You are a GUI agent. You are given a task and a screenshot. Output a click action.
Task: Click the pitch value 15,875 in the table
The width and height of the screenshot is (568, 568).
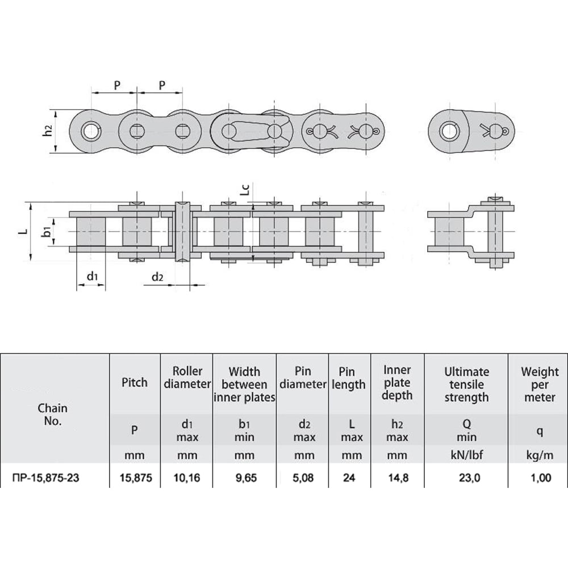(x=136, y=478)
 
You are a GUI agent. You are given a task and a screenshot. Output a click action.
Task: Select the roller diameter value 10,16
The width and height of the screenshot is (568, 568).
(x=187, y=478)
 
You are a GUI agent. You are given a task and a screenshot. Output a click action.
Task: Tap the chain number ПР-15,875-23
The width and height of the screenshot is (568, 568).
(x=45, y=478)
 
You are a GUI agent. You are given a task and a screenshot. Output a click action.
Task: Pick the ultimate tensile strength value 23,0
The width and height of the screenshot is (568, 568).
(x=470, y=478)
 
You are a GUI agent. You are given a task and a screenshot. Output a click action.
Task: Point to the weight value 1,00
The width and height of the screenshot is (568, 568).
(x=541, y=478)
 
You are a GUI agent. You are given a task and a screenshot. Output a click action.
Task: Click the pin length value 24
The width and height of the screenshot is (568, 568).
(x=349, y=478)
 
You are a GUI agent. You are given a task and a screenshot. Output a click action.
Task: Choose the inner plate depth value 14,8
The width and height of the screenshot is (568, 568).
(x=399, y=478)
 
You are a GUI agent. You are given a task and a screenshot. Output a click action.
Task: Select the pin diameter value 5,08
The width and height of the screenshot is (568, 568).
(x=303, y=478)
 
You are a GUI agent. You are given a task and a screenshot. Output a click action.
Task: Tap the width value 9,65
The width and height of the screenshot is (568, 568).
(x=247, y=478)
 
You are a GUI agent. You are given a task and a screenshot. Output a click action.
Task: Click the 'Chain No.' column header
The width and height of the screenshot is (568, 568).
(x=52, y=415)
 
